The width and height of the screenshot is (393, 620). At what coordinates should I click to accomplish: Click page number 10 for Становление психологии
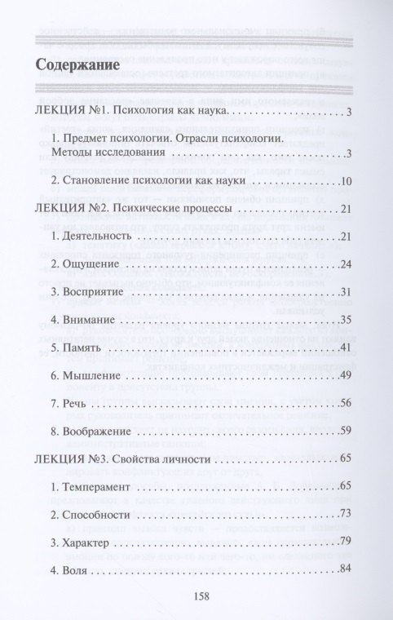tap(344, 180)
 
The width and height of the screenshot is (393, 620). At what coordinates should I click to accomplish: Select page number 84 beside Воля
tap(344, 569)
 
